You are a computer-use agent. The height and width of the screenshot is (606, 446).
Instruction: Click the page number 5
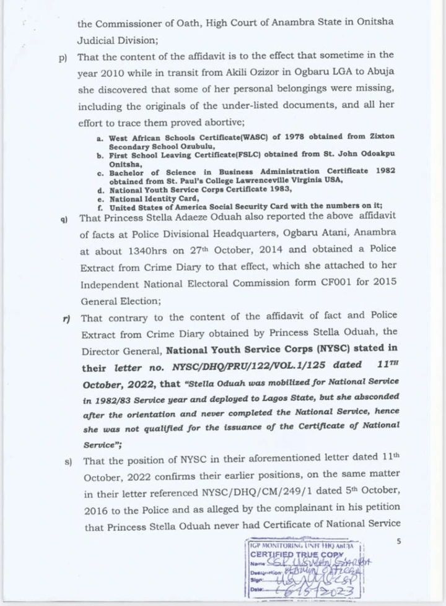click(399, 542)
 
